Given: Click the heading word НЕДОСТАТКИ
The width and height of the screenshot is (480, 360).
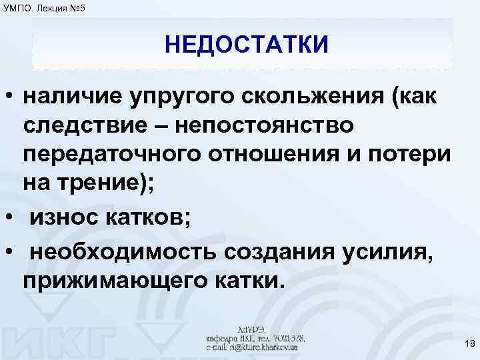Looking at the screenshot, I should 247,46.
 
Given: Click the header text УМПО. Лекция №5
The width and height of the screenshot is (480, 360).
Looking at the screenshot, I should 43,7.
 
